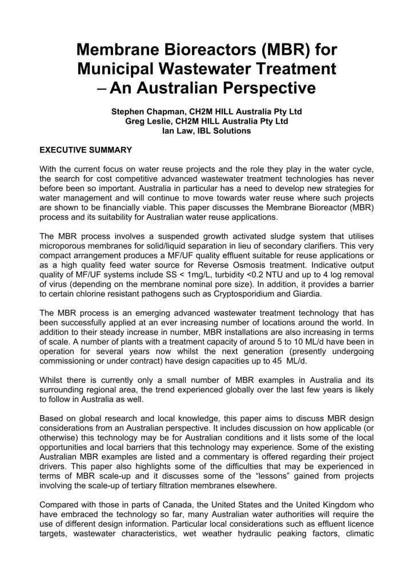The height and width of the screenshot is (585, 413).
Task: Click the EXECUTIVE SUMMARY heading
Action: (86, 150)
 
